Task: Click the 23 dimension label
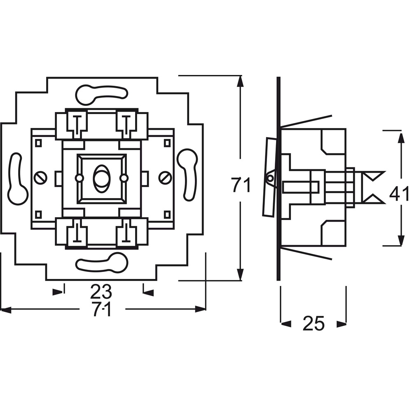[x=101, y=291]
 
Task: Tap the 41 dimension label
[x=399, y=194]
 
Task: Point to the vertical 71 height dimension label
[x=241, y=185]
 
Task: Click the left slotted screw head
[x=41, y=178]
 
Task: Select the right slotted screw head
[x=165, y=178]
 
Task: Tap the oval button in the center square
[x=101, y=178]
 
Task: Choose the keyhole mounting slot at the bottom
[x=102, y=262]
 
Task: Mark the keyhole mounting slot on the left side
[x=17, y=179]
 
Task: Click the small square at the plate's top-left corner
[x=38, y=143]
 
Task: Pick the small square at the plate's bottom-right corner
[x=167, y=214]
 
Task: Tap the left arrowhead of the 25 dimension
[x=286, y=324]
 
